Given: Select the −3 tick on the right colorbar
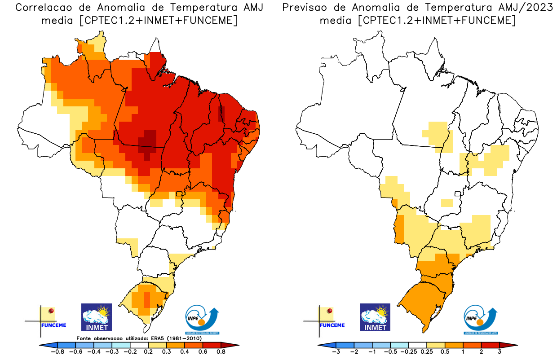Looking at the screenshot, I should (x=336, y=352).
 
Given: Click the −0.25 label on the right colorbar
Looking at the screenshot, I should (x=409, y=352).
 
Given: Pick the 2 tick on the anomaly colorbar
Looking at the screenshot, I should (x=481, y=352).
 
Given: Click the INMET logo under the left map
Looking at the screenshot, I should (x=96, y=317).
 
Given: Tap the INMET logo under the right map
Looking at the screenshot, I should (x=375, y=317).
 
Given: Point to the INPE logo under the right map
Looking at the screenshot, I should (x=481, y=319).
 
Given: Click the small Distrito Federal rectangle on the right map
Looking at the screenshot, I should (x=458, y=194).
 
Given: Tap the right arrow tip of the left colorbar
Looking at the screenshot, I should (x=237, y=345).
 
